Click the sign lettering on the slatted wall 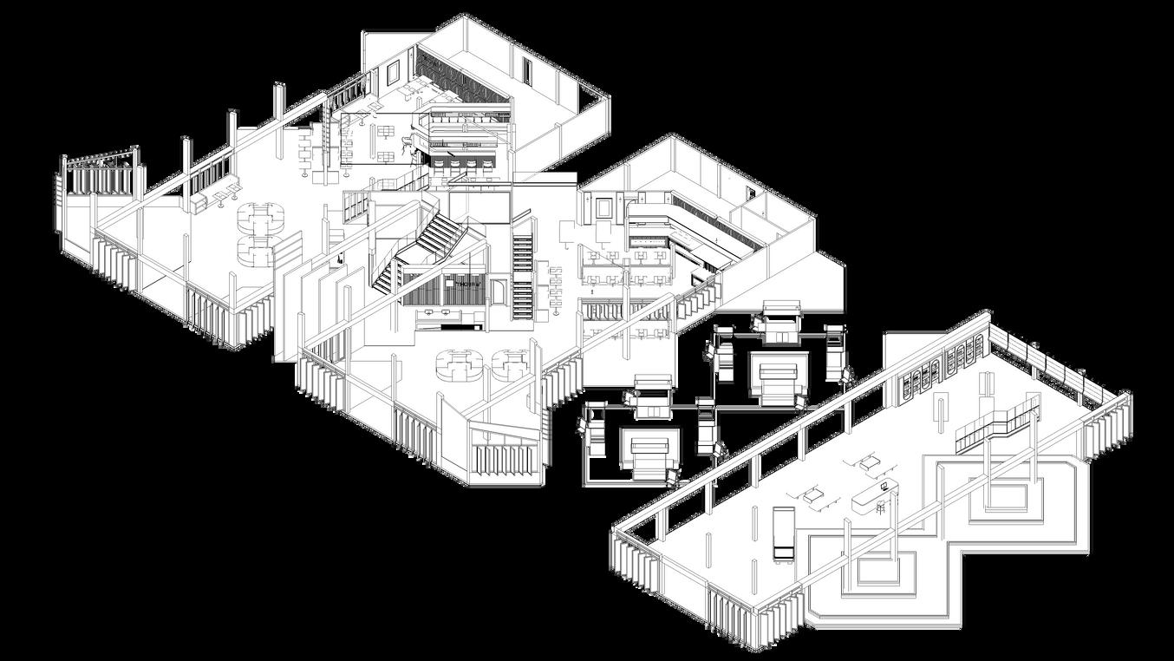[x=468, y=284]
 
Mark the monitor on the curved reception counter [x=884, y=488]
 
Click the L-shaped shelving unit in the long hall [x=997, y=424]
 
